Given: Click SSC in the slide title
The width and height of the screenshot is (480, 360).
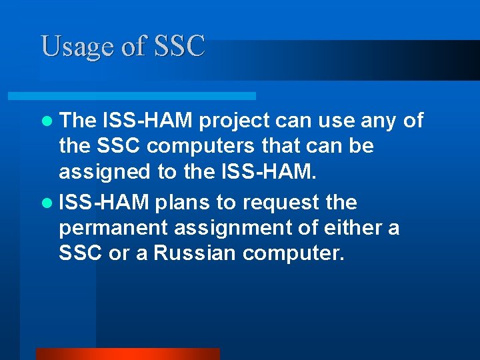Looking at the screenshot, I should tap(179, 47).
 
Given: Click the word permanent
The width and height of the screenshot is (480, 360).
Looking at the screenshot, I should tap(113, 228).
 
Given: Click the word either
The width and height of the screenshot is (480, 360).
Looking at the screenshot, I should tap(348, 227).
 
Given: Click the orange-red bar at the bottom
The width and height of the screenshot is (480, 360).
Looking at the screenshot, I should tap(127, 353).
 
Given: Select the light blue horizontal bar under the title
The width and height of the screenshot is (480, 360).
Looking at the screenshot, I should tap(147, 96).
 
